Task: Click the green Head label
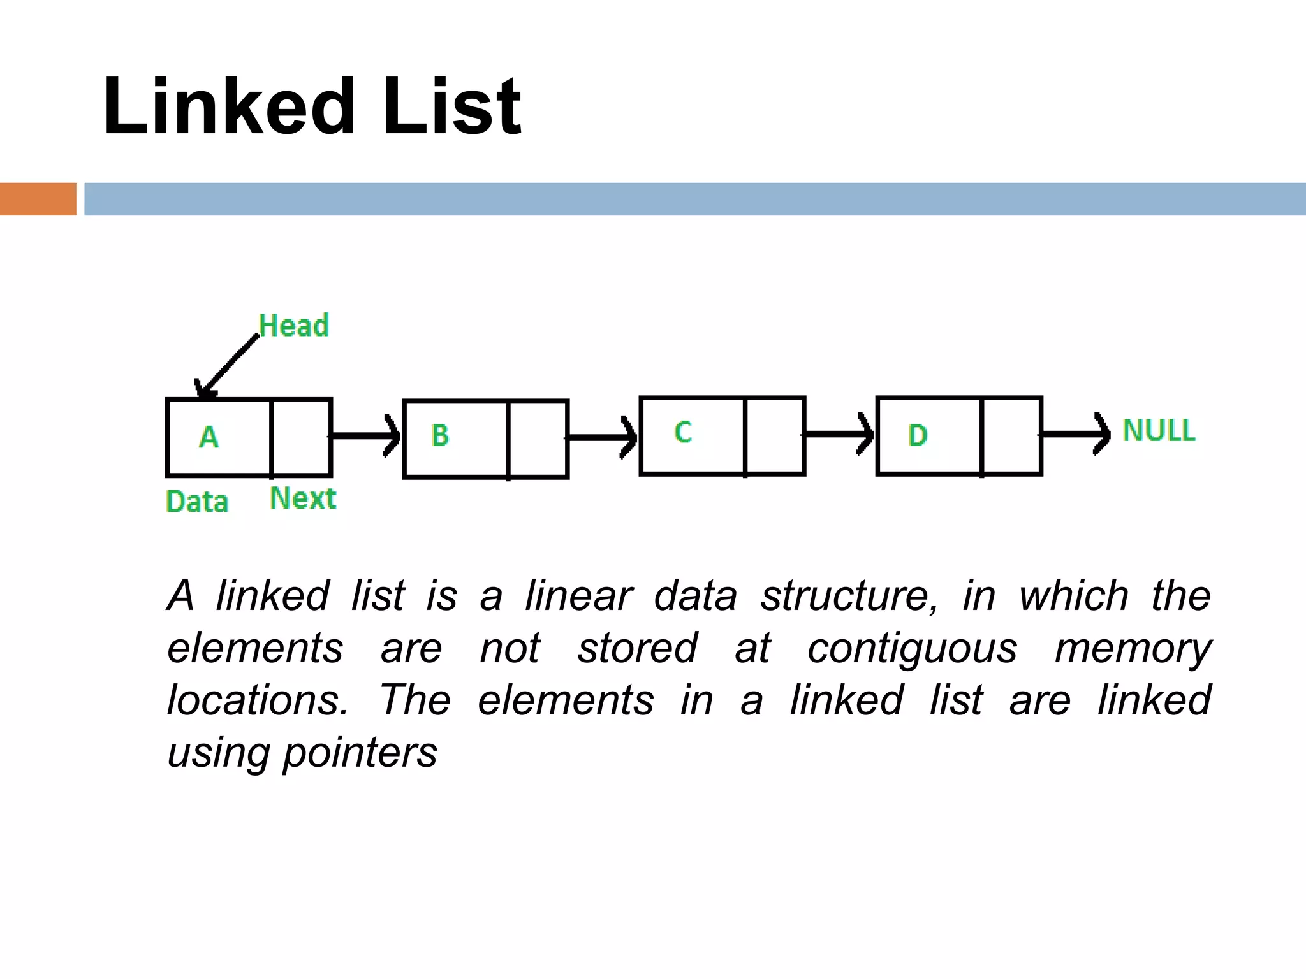pyautogui.click(x=294, y=326)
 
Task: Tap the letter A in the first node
pyautogui.click(x=209, y=437)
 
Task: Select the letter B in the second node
pyautogui.click(x=440, y=435)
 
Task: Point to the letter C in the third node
pyautogui.click(x=683, y=432)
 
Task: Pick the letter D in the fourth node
pyautogui.click(x=917, y=435)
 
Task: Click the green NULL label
pyautogui.click(x=1159, y=430)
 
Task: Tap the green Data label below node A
pyautogui.click(x=197, y=502)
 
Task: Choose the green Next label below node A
pyautogui.click(x=303, y=498)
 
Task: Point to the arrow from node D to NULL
pyautogui.click(x=1075, y=435)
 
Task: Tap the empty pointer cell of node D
pyautogui.click(x=1011, y=436)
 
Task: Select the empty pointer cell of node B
pyautogui.click(x=538, y=439)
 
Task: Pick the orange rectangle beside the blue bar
pyautogui.click(x=38, y=199)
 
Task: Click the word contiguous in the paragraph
pyautogui.click(x=912, y=649)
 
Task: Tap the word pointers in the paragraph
pyautogui.click(x=360, y=753)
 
